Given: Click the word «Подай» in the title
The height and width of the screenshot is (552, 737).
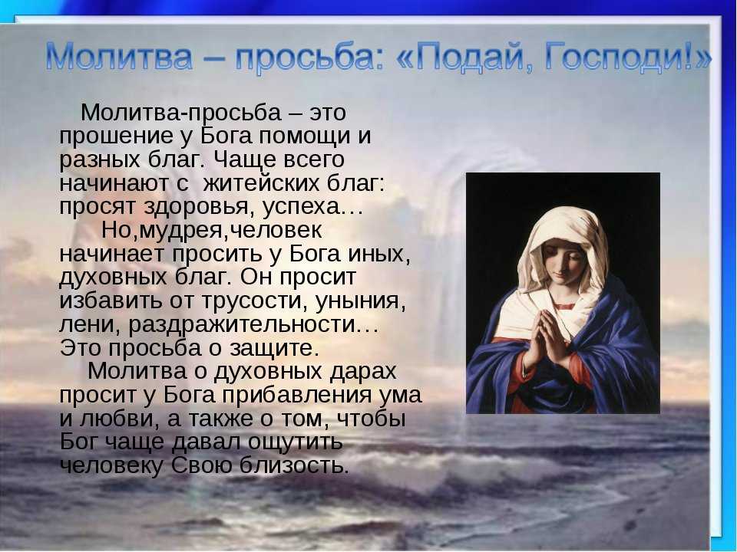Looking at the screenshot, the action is click(x=474, y=58).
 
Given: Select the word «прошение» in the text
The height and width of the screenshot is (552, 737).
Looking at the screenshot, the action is click(x=116, y=137).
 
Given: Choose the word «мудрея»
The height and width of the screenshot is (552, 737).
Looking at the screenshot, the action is click(x=180, y=231).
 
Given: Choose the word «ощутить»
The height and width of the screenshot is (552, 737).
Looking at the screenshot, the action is click(x=295, y=442).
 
